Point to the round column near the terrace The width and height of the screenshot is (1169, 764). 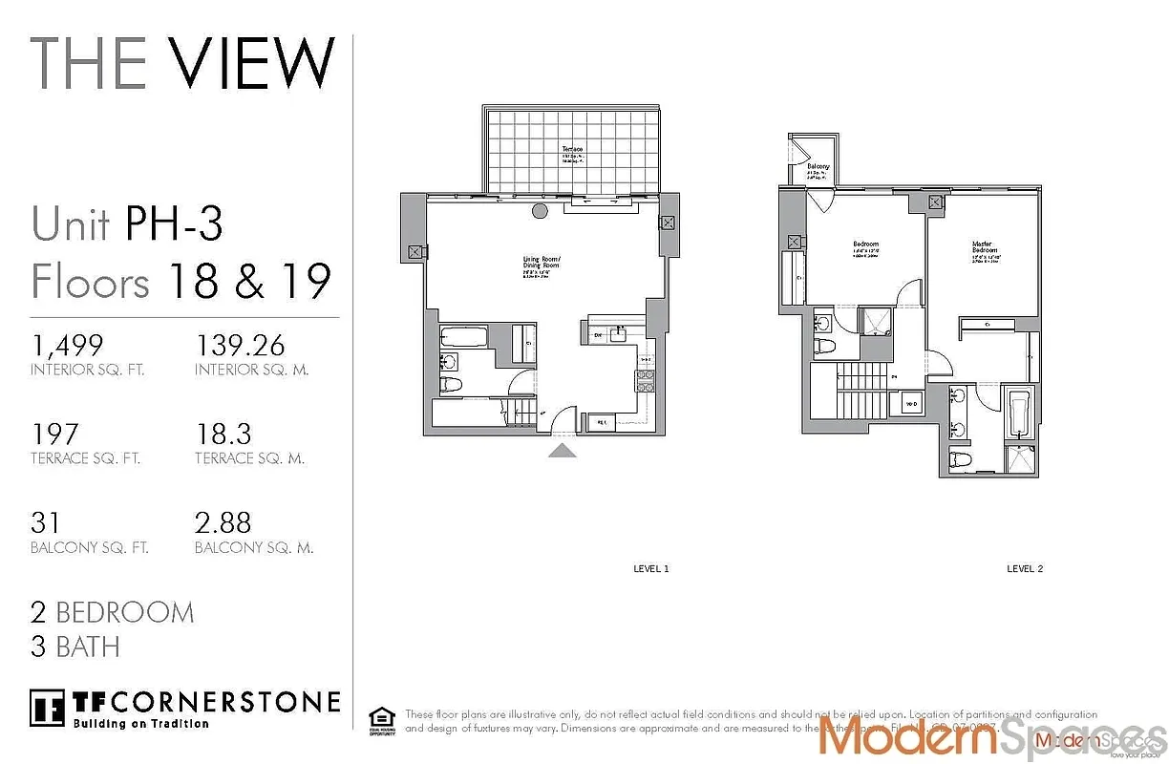[x=540, y=212]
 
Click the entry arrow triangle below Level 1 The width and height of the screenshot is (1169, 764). [x=563, y=450]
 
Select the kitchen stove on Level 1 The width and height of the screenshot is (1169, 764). [x=645, y=380]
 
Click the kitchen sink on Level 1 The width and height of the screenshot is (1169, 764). [x=619, y=334]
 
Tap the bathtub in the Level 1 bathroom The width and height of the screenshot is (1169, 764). [x=464, y=337]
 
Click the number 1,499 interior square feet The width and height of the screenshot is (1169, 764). [x=67, y=345]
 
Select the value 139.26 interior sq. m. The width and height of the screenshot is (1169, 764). [x=241, y=345]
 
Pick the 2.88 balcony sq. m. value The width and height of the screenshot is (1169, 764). [x=223, y=523]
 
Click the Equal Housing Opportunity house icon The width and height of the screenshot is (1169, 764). [x=381, y=719]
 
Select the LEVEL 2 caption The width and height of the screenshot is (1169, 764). [x=1025, y=569]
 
